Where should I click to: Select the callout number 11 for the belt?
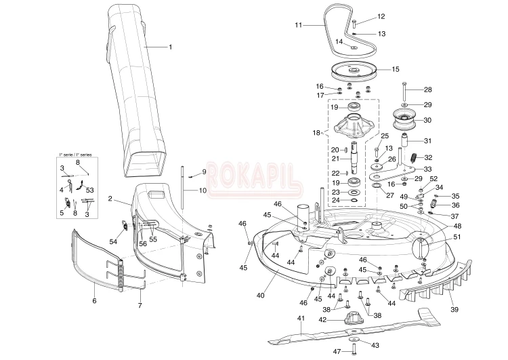tap(298, 25)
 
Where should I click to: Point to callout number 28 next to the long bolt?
tap(428, 90)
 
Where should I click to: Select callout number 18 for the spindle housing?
tap(316, 134)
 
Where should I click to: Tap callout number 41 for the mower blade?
tap(301, 318)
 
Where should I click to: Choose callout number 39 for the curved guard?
tap(454, 310)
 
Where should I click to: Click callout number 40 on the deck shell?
tap(260, 295)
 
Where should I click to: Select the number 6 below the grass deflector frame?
tap(94, 300)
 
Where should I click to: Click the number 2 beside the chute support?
tap(110, 199)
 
